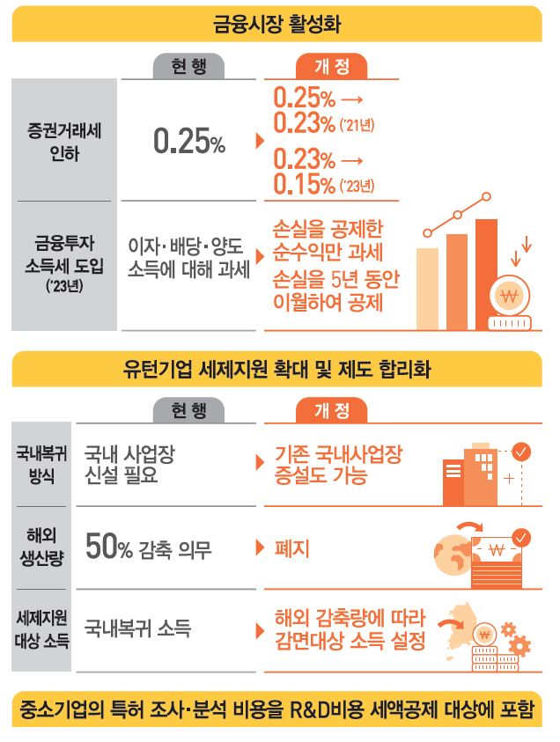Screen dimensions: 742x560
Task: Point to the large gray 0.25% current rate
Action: [x=189, y=141]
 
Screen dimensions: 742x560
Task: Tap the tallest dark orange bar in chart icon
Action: [x=486, y=264]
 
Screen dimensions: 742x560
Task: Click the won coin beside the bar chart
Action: [x=508, y=297]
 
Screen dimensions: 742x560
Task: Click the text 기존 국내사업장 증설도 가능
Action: [x=338, y=465]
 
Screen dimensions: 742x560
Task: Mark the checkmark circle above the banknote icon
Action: [x=521, y=536]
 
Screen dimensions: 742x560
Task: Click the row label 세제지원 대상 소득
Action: [x=42, y=628]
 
